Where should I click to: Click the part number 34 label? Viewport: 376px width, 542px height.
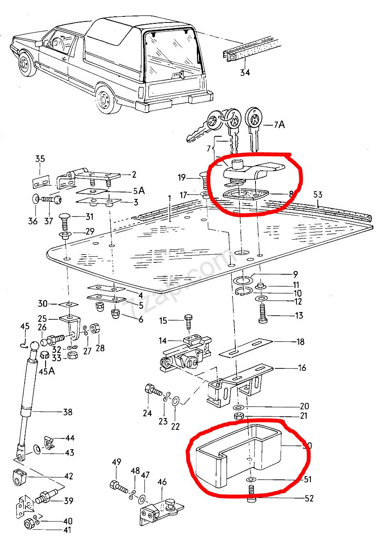point(244,73)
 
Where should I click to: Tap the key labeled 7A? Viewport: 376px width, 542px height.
point(253,129)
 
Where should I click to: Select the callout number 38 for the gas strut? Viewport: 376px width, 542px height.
point(67,412)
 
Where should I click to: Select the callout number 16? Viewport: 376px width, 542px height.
point(302,368)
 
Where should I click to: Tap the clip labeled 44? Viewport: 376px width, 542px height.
point(49,443)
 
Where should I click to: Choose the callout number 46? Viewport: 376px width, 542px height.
point(162,482)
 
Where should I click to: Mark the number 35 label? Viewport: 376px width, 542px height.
point(40,159)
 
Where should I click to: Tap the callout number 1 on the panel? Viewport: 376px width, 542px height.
point(169,199)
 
